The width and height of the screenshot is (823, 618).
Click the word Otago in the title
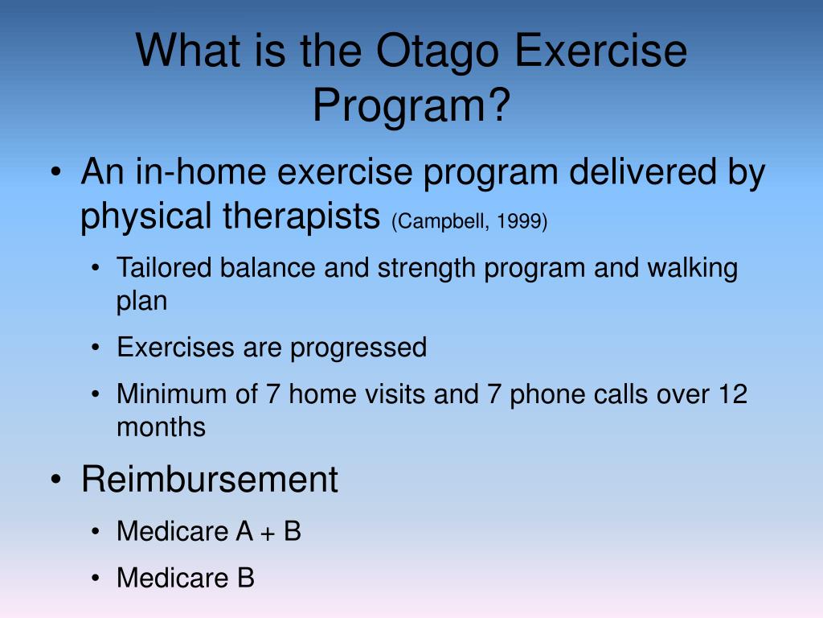pos(437,52)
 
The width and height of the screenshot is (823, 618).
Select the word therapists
pos(301,216)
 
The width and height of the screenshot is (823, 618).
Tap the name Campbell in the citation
pos(441,220)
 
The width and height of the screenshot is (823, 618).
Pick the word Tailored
pos(164,267)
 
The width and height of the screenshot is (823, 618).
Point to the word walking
pos(692,267)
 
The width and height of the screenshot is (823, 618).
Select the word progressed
pos(358,348)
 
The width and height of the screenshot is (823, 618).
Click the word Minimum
pos(172,393)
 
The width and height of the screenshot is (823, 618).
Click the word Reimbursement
pos(210,479)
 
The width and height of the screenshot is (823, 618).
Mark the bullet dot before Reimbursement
pos(56,480)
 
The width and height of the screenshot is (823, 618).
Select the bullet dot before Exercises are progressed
pos(95,348)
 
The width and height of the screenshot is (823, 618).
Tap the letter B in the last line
pos(246,578)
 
